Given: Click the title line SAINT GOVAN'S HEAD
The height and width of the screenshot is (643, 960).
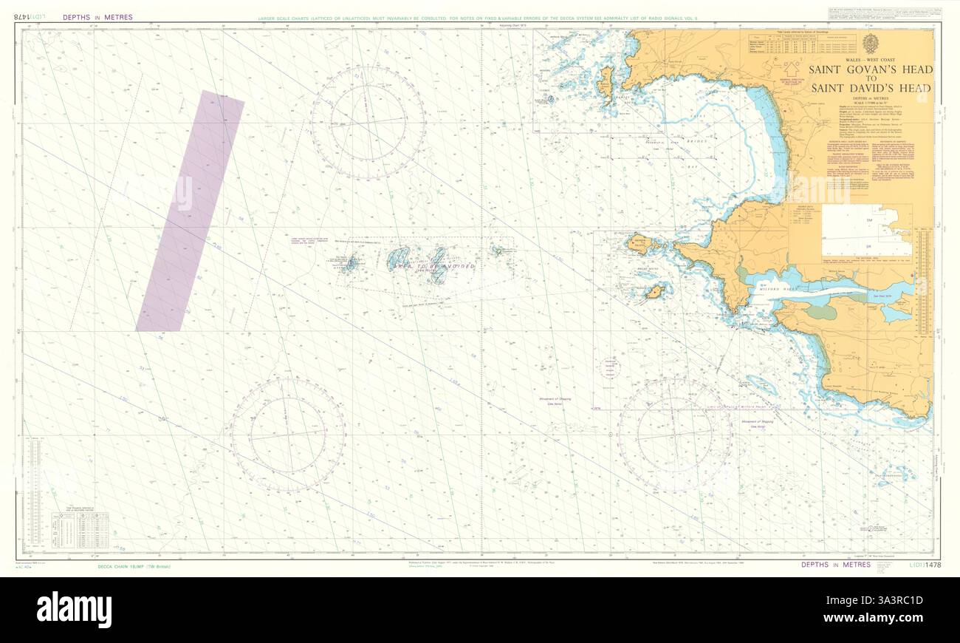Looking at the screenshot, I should click(871, 70).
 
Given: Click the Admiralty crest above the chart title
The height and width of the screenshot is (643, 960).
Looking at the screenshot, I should click(870, 44).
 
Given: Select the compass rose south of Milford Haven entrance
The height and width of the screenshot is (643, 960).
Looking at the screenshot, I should click(674, 435).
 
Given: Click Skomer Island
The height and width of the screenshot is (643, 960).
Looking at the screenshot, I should click(639, 242).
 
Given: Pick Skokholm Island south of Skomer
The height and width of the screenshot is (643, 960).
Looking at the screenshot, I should click(654, 293).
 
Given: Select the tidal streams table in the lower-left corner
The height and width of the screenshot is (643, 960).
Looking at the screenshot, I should click(80, 528).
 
